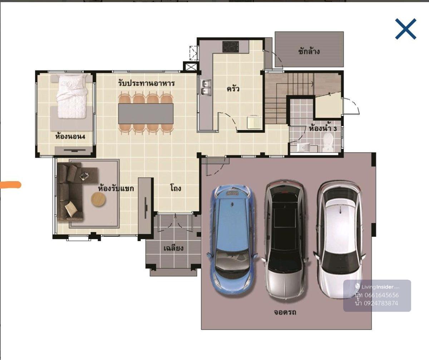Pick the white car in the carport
coord(339,239)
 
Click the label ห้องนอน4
coord(70,136)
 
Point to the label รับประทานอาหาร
coord(147,83)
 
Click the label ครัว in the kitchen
coord(233,89)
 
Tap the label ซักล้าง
coord(309,51)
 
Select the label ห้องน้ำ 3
coord(323,129)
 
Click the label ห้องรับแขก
coord(116,188)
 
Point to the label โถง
coord(176,187)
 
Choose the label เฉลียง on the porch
coord(173,248)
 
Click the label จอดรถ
coord(285,312)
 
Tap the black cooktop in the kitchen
coord(231,46)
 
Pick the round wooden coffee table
coord(99,199)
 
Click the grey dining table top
coord(146,114)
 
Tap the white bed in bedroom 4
coord(72,96)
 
